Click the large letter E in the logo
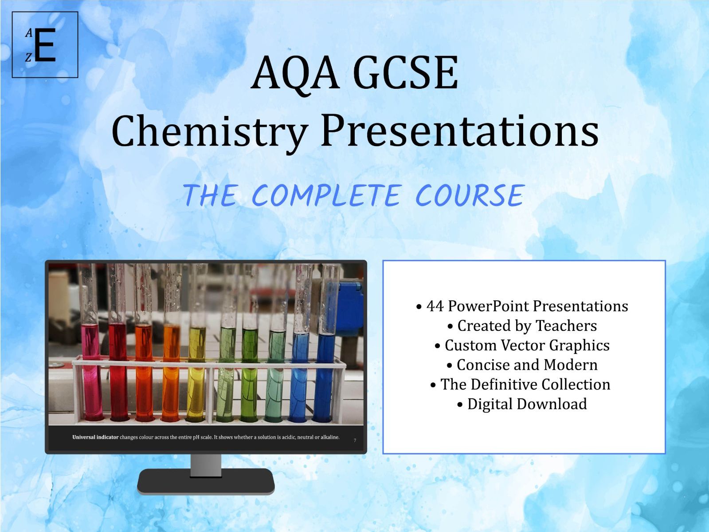click(x=45, y=45)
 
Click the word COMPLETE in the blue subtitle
click(x=325, y=196)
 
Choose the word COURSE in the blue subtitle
click(x=470, y=196)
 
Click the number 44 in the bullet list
click(x=435, y=306)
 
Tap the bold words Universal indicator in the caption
click(x=95, y=437)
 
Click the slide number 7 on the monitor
click(x=355, y=441)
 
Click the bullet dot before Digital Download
click(x=460, y=405)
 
